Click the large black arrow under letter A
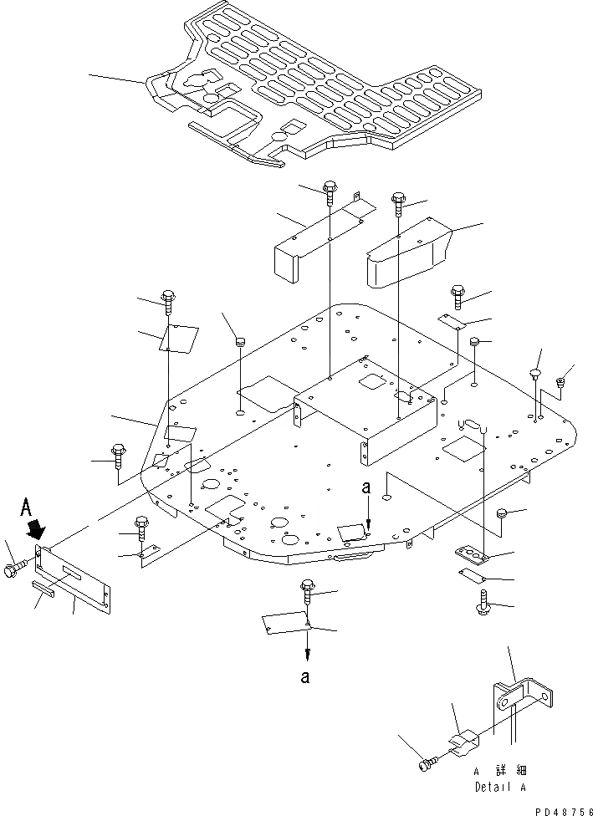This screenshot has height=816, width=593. click(37, 530)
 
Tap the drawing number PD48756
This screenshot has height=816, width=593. click(563, 810)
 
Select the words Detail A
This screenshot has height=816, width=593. click(500, 787)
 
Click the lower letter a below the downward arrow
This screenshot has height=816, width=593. click(305, 676)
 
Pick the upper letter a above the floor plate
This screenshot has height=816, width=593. click(366, 487)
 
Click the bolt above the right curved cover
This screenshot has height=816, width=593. click(398, 205)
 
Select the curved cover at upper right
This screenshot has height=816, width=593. click(410, 252)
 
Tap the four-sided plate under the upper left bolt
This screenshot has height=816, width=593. click(179, 339)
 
